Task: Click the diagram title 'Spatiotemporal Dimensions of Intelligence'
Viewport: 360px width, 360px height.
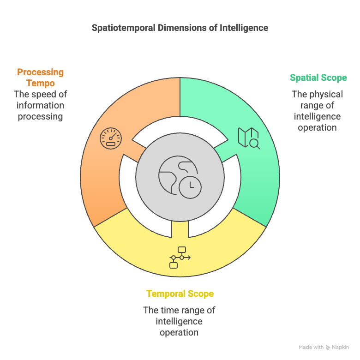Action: tap(180, 28)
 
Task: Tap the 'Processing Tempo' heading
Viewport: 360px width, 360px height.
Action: tap(41, 78)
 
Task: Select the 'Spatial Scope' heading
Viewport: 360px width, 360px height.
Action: tap(318, 78)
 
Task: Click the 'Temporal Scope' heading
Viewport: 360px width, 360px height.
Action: tap(180, 294)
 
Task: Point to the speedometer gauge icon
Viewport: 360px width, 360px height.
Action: tap(111, 138)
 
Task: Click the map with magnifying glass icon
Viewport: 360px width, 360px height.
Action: tap(249, 138)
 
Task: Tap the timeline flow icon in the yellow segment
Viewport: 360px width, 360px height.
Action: tap(180, 258)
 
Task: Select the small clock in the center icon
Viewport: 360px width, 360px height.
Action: tap(190, 187)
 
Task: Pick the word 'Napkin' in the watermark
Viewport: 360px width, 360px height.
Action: tap(340, 348)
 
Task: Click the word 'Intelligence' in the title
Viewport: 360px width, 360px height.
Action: tap(244, 28)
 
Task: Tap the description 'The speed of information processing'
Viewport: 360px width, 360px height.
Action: tap(41, 105)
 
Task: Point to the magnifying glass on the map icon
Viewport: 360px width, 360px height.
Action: tap(255, 144)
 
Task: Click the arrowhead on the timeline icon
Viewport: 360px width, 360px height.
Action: tap(189, 258)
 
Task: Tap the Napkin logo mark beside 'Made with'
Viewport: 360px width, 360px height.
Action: tap(328, 348)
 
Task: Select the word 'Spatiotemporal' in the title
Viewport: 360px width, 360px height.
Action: tap(124, 28)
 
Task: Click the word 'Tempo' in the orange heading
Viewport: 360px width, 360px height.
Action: tap(41, 83)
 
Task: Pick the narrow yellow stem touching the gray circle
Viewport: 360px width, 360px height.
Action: tap(180, 229)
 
